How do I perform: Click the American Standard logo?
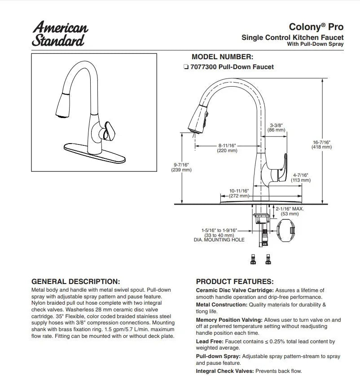point(60,33)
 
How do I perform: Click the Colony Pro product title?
point(316,27)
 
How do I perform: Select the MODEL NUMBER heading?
point(222,57)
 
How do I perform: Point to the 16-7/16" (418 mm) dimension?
point(321,144)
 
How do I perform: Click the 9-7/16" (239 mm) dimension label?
point(182,167)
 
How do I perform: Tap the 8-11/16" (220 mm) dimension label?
point(227,148)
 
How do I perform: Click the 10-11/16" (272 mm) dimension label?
point(239,193)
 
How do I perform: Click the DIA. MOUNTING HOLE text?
point(219,240)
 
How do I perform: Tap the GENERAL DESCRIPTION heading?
point(75,282)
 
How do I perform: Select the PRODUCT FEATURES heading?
point(235,282)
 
